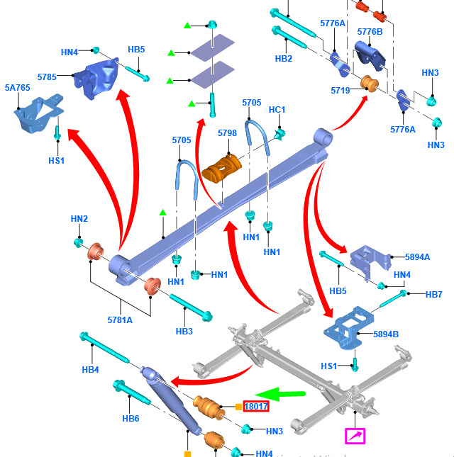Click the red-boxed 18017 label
pyautogui.click(x=255, y=407)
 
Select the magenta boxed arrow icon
pyautogui.click(x=355, y=436)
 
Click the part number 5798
pyautogui.click(x=227, y=134)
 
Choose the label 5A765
pyautogui.click(x=17, y=88)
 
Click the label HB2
pyautogui.click(x=283, y=59)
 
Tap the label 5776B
pyautogui.click(x=370, y=31)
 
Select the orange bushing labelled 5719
pyautogui.click(x=368, y=84)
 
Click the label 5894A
pyautogui.click(x=418, y=258)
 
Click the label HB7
pyautogui.click(x=433, y=294)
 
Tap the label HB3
pyautogui.click(x=184, y=331)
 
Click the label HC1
pyautogui.click(x=277, y=110)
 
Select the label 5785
pyautogui.click(x=47, y=76)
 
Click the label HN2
pyautogui.click(x=79, y=219)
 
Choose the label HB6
pyautogui.click(x=131, y=418)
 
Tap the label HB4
pyautogui.click(x=90, y=369)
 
